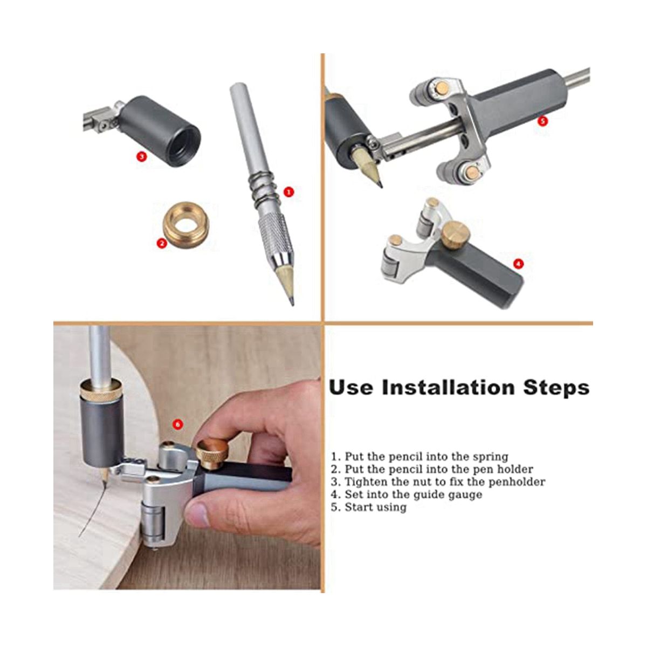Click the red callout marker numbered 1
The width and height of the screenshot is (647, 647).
click(x=288, y=192)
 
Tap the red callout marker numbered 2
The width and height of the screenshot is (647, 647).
click(x=162, y=243)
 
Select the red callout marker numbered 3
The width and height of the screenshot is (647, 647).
click(x=142, y=156)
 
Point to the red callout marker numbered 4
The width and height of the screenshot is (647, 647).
click(x=518, y=264)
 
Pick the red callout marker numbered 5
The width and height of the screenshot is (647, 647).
click(x=542, y=121)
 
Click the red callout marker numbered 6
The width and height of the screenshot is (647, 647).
click(x=177, y=424)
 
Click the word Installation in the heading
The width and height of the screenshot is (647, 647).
click(x=448, y=388)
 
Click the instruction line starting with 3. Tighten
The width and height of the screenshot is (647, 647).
click(x=438, y=482)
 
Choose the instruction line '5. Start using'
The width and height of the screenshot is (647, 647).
click(x=369, y=507)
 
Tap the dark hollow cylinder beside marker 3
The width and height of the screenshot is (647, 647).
click(x=161, y=131)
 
